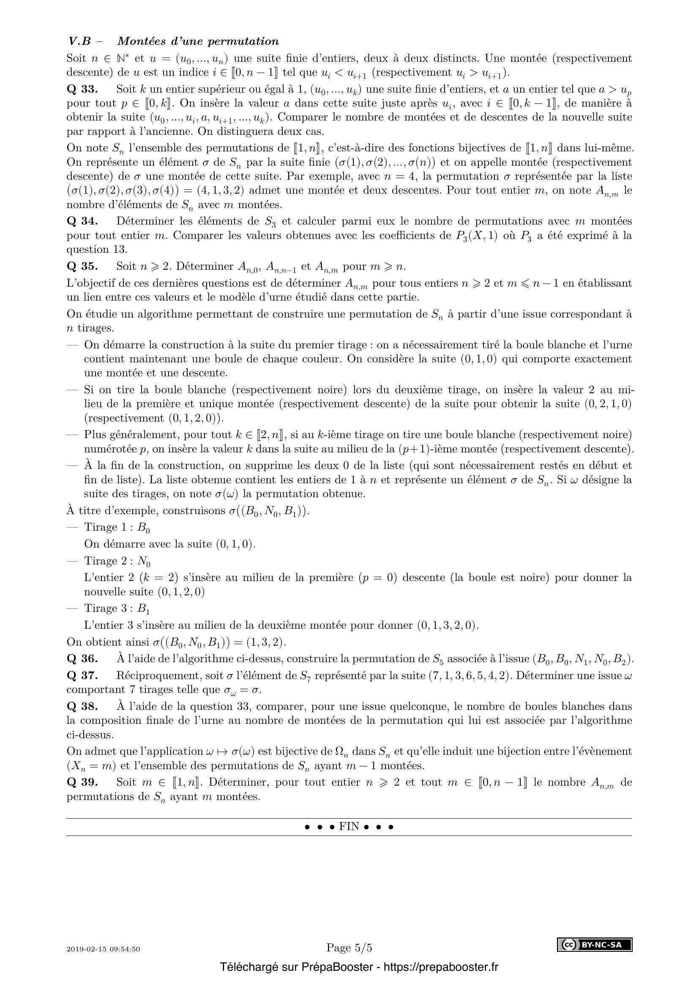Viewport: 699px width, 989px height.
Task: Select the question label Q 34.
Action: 82,222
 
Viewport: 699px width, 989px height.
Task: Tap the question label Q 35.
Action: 82,267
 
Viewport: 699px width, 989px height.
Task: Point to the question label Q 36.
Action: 82,659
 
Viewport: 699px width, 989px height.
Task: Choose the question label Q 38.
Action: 82,707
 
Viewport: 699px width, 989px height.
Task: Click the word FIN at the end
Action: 349,827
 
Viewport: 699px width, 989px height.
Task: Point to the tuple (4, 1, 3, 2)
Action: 221,191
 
